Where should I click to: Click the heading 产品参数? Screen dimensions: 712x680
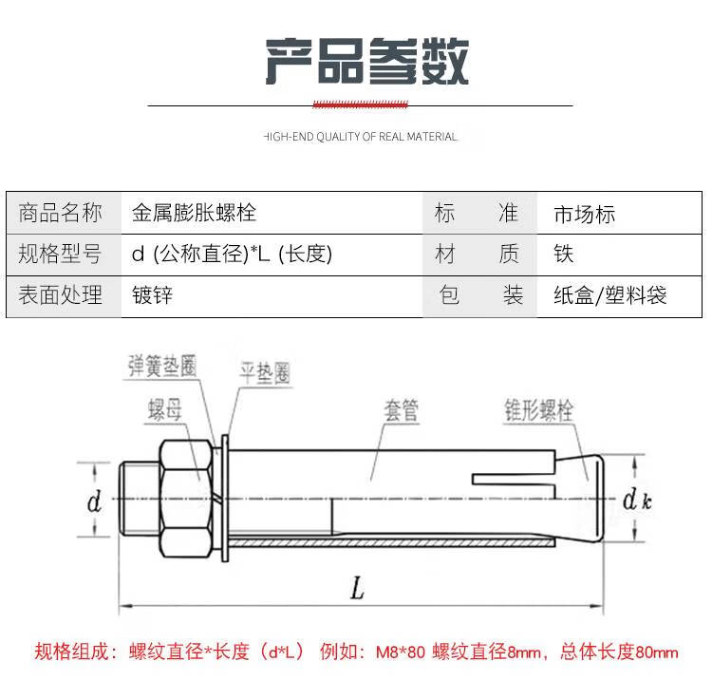pyautogui.click(x=366, y=62)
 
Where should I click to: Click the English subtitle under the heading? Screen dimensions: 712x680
pyautogui.click(x=361, y=137)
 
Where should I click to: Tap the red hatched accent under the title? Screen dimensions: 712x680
pyautogui.click(x=361, y=104)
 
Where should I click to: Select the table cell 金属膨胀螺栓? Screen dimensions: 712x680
pyautogui.click(x=195, y=213)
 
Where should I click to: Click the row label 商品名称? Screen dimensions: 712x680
pyautogui.click(x=61, y=213)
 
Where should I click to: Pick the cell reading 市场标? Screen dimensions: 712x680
pyautogui.click(x=585, y=215)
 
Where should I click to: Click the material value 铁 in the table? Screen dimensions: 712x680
pyautogui.click(x=564, y=254)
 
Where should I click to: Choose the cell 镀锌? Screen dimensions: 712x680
pyautogui.click(x=153, y=295)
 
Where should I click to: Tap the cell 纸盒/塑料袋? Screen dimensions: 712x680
pyautogui.click(x=610, y=295)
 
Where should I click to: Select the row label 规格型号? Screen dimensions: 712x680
pyautogui.click(x=60, y=254)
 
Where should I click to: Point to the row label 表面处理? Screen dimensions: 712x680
pyautogui.click(x=61, y=295)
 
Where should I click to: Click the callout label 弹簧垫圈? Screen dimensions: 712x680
pyautogui.click(x=162, y=366)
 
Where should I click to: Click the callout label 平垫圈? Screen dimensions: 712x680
pyautogui.click(x=265, y=373)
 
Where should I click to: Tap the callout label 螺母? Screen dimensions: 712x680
pyautogui.click(x=165, y=409)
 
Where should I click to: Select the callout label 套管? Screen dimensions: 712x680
pyautogui.click(x=402, y=410)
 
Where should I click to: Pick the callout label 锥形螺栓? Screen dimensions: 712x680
pyautogui.click(x=539, y=410)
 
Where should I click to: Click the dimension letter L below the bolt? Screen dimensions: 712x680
pyautogui.click(x=358, y=588)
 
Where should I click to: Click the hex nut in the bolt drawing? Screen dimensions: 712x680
pyautogui.click(x=186, y=499)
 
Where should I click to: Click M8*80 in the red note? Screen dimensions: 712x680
pyautogui.click(x=401, y=652)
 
